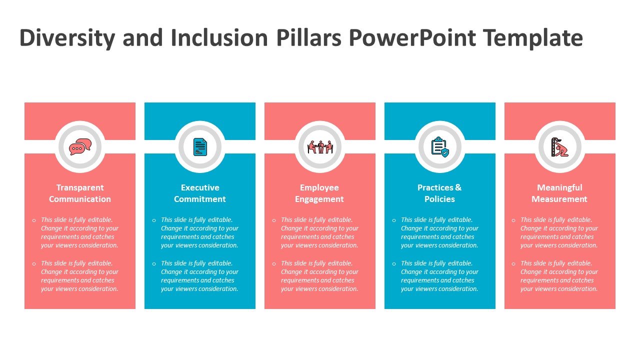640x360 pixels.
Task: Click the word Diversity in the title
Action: (x=67, y=38)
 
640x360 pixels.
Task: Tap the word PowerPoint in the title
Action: (x=412, y=37)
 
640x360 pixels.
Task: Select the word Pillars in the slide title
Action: (x=309, y=37)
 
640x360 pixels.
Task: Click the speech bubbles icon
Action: (x=80, y=147)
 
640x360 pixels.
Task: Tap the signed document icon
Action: (x=200, y=147)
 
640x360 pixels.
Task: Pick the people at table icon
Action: (x=320, y=147)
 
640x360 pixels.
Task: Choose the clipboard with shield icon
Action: (x=440, y=147)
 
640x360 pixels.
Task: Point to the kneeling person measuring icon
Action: (x=560, y=147)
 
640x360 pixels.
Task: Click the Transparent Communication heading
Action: (x=80, y=193)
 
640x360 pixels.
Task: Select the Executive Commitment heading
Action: (x=200, y=193)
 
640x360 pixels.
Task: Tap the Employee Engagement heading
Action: (x=319, y=193)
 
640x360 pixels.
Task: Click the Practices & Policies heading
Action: (x=439, y=193)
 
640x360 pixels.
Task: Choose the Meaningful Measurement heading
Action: (x=559, y=193)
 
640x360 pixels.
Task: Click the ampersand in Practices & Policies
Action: (x=458, y=187)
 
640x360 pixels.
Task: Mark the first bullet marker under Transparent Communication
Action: (x=34, y=220)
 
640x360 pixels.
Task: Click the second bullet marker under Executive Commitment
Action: (x=154, y=263)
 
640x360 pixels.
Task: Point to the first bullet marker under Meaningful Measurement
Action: (x=513, y=220)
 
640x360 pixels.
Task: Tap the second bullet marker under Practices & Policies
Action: (x=394, y=263)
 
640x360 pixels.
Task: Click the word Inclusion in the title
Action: (x=219, y=37)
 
